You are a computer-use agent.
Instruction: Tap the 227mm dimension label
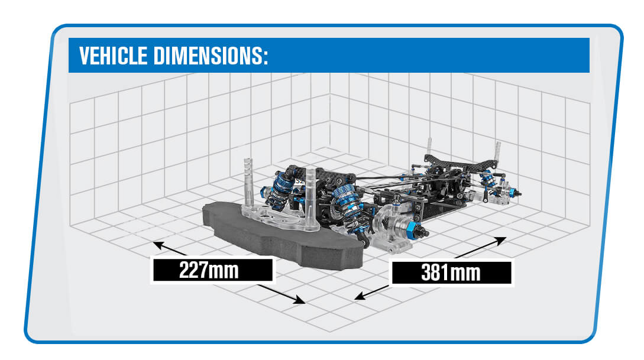coord(212,270)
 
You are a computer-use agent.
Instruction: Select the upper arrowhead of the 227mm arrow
coord(157,243)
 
